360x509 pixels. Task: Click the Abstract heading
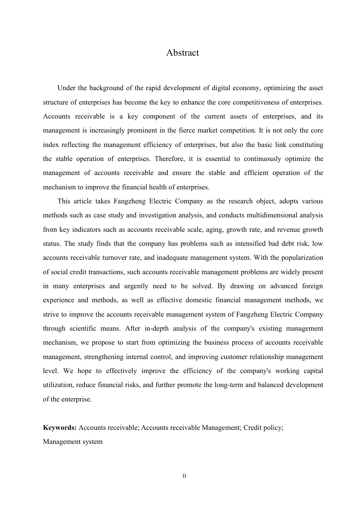(182, 53)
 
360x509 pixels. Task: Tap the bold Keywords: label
(60, 428)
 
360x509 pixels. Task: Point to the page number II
(184, 476)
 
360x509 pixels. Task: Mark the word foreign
(312, 286)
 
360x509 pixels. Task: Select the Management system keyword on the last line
(73, 442)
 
